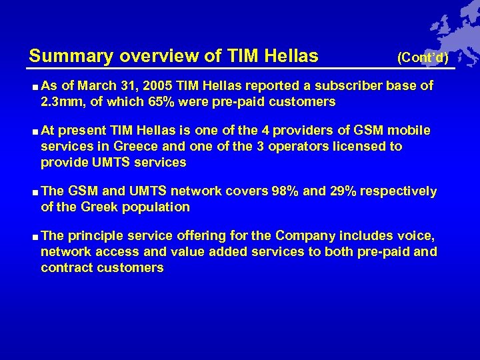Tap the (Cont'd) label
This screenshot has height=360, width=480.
click(423, 58)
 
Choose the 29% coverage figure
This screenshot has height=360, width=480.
click(343, 191)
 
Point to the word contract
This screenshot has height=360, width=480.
click(66, 267)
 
